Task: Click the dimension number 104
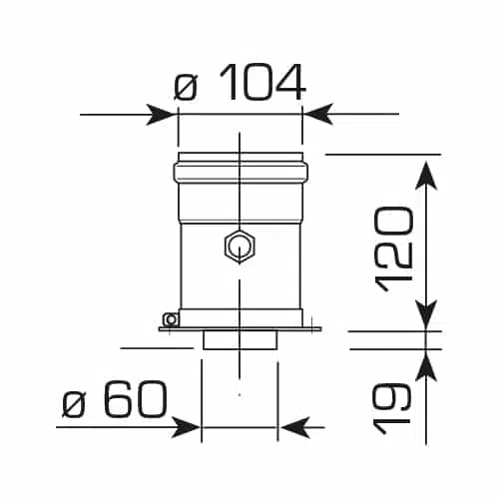pos(262,82)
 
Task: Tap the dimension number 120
pos(394,249)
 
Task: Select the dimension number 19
pos(391,409)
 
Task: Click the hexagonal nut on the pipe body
pos(240,246)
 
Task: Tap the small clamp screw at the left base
pos(171,319)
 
